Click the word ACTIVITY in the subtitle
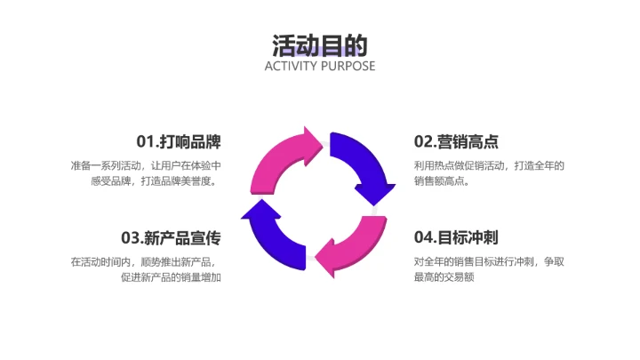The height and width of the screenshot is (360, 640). (292, 66)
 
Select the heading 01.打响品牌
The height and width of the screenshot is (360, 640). (178, 141)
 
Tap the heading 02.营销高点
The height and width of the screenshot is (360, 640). (456, 141)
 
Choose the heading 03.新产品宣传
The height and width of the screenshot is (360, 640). (171, 237)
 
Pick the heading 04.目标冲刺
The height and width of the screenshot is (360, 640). (456, 237)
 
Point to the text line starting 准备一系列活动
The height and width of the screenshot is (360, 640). (146, 165)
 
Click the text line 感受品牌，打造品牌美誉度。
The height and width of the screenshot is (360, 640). (155, 180)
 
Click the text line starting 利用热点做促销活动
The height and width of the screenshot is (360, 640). (489, 165)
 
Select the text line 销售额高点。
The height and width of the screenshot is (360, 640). (442, 180)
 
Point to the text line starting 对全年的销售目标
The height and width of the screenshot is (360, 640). (489, 261)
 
